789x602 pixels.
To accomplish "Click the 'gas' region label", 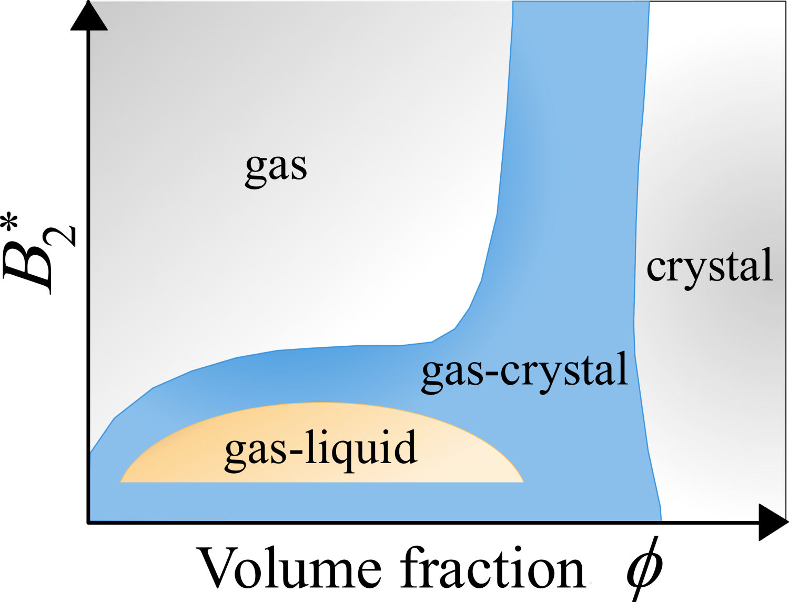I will coord(276,167).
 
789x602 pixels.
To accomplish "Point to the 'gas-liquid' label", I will coord(320,449).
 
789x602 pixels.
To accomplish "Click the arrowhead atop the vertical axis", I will coord(89,16).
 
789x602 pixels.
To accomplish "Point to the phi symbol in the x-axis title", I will coord(643,569).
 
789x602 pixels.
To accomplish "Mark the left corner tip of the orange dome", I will coord(121,481).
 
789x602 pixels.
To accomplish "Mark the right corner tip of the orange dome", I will coord(523,481).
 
